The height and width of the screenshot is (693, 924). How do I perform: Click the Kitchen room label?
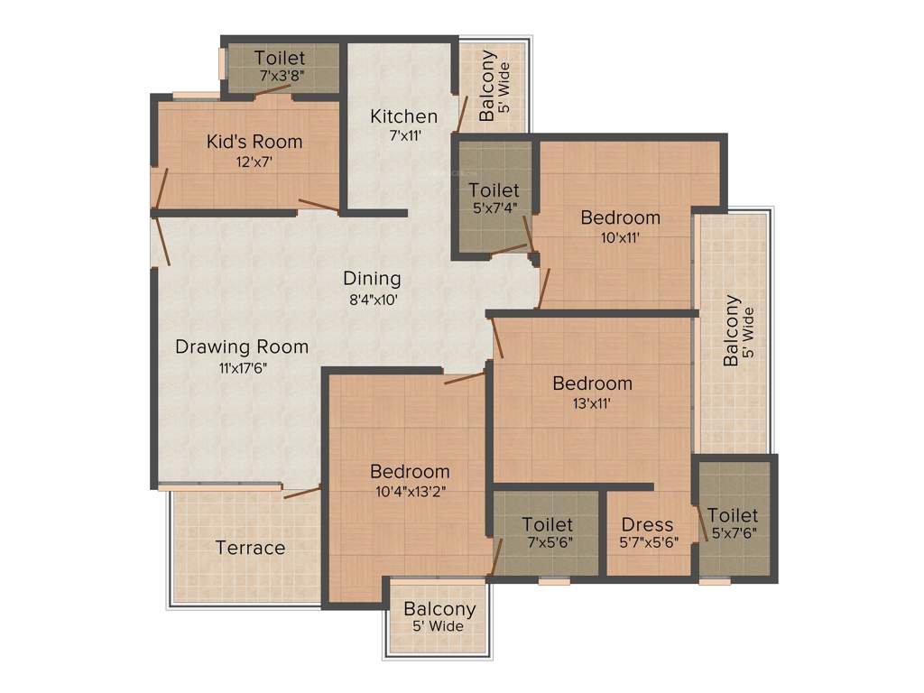pyautogui.click(x=404, y=116)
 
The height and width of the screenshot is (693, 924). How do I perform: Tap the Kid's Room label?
pyautogui.click(x=254, y=142)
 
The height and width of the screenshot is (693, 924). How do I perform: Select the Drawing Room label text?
pyautogui.click(x=242, y=346)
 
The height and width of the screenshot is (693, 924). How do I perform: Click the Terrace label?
pyautogui.click(x=250, y=548)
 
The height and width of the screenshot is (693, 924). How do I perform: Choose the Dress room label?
pyautogui.click(x=648, y=524)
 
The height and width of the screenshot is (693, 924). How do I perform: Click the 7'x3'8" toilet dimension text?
pyautogui.click(x=280, y=76)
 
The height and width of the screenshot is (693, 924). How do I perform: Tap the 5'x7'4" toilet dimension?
pyautogui.click(x=494, y=208)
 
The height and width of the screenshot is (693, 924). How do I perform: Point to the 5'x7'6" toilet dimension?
pyautogui.click(x=732, y=533)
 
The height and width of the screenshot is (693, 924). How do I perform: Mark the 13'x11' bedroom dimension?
pyautogui.click(x=592, y=402)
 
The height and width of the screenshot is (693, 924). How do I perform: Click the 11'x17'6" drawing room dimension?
pyautogui.click(x=242, y=367)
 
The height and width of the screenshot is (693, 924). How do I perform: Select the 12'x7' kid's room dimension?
pyautogui.click(x=254, y=162)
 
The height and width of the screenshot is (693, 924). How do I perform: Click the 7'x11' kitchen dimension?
pyautogui.click(x=404, y=136)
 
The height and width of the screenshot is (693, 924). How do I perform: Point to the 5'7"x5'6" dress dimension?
pyautogui.click(x=648, y=543)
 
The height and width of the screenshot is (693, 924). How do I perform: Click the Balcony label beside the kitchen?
pyautogui.click(x=487, y=86)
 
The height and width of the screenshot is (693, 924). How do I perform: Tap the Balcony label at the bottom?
pyautogui.click(x=439, y=609)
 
